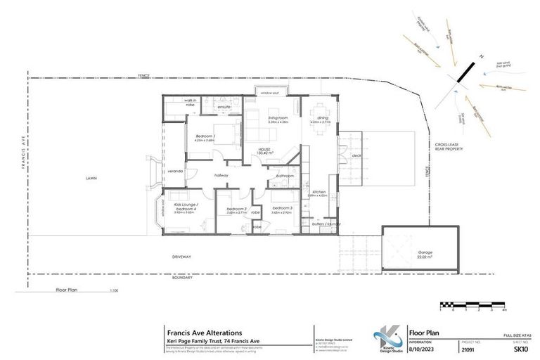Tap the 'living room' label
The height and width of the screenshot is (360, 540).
coord(278,118)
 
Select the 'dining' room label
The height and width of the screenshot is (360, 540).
coord(322,118)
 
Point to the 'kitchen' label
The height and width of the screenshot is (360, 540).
coord(319,192)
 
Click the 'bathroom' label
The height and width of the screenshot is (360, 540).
coord(284,176)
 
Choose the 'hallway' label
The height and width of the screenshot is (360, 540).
coord(222,175)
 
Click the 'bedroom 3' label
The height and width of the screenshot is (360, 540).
coord(282,208)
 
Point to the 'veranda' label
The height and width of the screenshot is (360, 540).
coord(175,171)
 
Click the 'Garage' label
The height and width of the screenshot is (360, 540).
coord(426,252)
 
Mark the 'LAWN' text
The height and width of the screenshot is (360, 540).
coord(91,179)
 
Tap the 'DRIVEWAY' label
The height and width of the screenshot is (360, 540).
coord(181,257)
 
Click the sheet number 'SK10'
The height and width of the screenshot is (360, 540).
coord(520,348)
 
